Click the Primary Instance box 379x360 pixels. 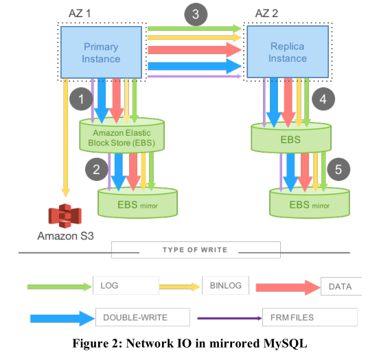tap(101, 52)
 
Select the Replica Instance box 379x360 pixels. tap(288, 51)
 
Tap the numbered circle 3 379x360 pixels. tap(196, 14)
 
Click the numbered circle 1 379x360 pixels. tap(81, 99)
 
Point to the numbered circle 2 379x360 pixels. tap(96, 169)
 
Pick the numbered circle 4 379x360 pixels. tap(323, 99)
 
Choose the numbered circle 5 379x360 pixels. tap(338, 169)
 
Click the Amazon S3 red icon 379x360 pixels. tap(65, 216)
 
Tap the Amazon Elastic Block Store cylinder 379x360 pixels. tap(122, 134)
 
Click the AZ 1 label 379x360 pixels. tap(80, 13)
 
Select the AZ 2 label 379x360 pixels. tap(266, 13)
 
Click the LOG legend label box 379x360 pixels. tap(126, 285)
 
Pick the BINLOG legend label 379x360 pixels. tap(225, 285)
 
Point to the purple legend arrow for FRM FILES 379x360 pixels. tap(229, 318)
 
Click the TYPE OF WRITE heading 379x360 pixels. tap(195, 250)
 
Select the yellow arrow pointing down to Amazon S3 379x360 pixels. tap(65, 138)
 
